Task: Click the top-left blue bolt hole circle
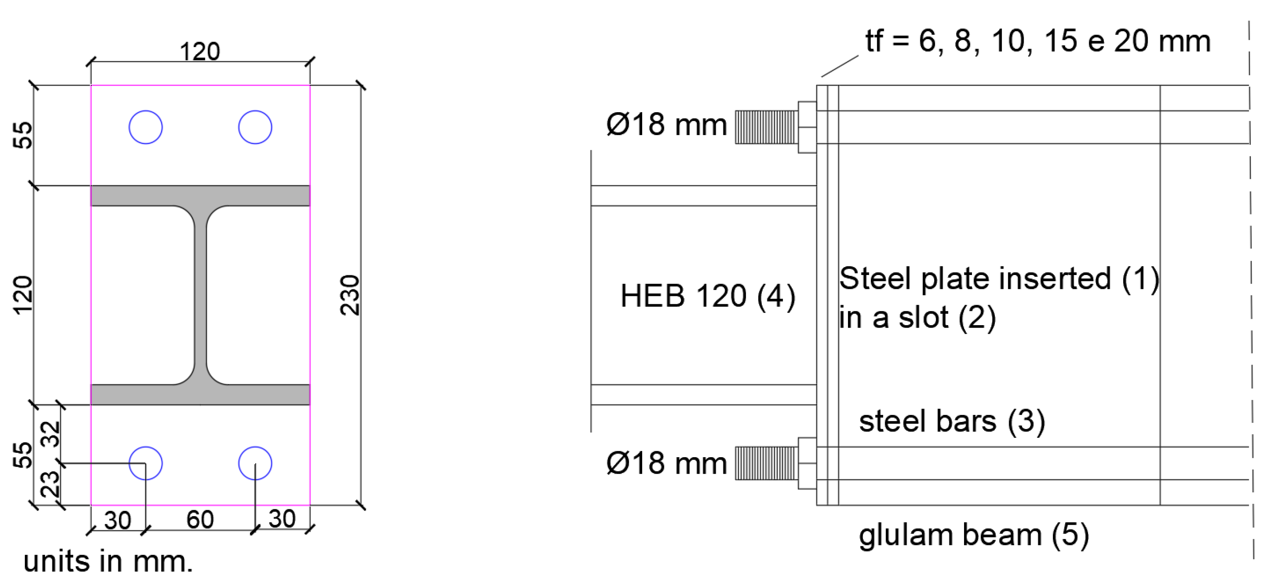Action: (145, 127)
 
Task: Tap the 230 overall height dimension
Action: (350, 295)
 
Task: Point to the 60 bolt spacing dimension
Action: (200, 520)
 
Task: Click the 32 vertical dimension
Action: (50, 434)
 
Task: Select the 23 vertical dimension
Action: (50, 484)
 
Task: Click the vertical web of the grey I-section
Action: (200, 295)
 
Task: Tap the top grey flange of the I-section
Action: (200, 196)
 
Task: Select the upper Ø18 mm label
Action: (666, 124)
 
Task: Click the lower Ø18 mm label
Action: (666, 463)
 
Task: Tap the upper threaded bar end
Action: (765, 127)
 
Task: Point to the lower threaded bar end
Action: (765, 463)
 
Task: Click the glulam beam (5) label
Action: (974, 535)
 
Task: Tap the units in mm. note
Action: (108, 561)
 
